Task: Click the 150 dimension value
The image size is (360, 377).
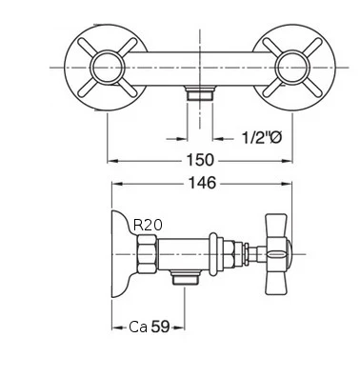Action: [200, 160]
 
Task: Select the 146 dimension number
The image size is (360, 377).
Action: [202, 183]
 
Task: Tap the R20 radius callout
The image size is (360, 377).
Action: [148, 225]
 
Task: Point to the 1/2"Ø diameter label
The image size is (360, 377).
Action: [262, 138]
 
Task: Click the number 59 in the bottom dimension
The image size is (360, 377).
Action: [160, 327]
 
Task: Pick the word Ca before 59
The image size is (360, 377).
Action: [138, 327]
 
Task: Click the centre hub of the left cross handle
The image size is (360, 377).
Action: [108, 68]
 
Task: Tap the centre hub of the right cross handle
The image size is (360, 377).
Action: [292, 68]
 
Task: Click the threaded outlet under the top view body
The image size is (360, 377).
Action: [200, 93]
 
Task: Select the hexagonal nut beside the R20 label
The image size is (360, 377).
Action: [147, 254]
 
